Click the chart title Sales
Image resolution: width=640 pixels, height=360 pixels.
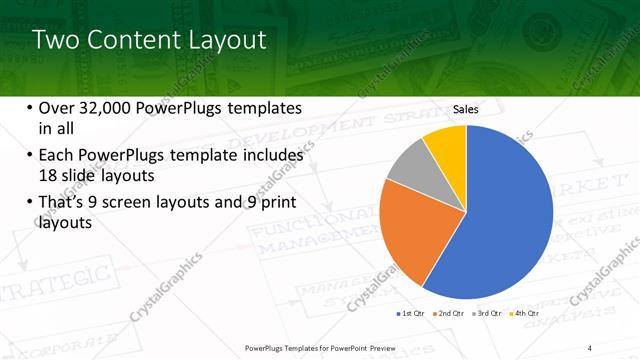pos(466,109)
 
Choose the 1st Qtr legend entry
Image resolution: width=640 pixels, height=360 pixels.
pos(411,314)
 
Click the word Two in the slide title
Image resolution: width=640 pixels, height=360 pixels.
pos(58,41)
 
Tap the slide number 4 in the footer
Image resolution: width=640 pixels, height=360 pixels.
pos(590,348)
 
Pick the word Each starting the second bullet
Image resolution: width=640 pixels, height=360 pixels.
pos(58,156)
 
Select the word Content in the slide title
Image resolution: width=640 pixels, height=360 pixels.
pos(135,41)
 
